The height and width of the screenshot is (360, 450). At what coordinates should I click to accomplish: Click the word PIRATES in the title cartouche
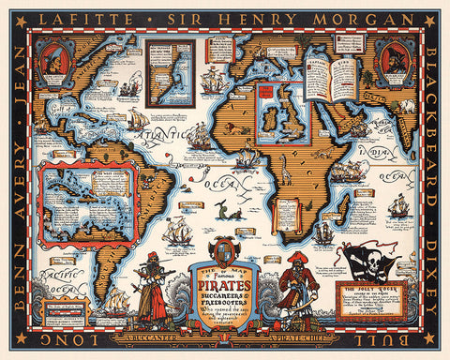pos(224,271)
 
